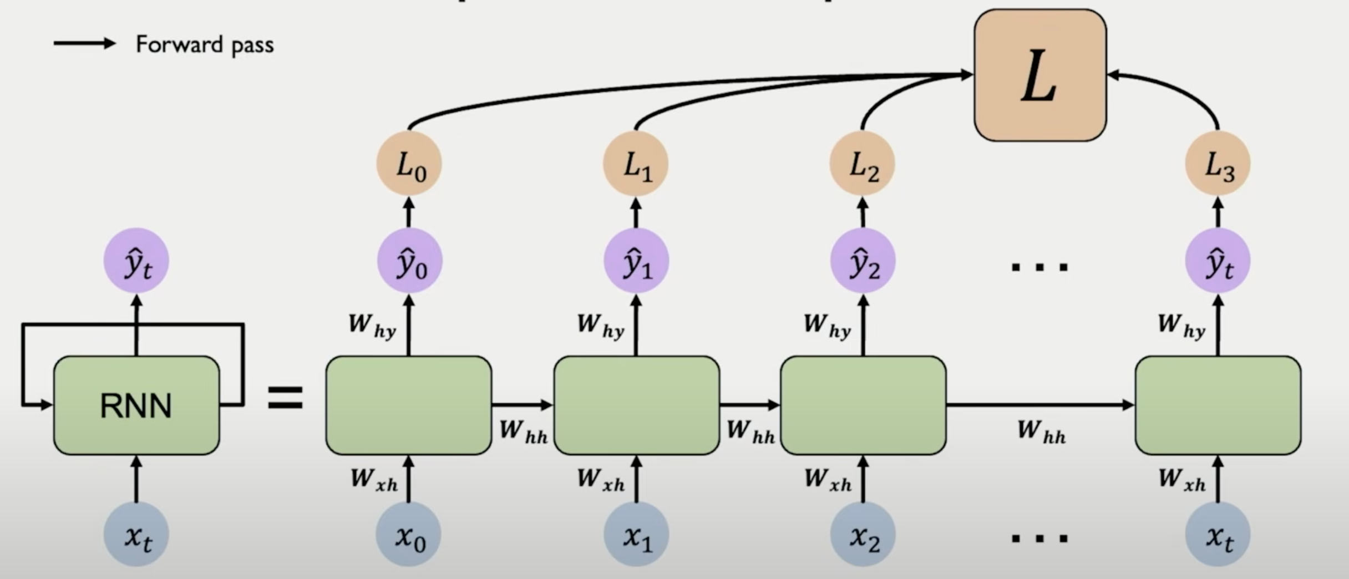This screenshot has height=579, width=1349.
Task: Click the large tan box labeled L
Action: (1040, 75)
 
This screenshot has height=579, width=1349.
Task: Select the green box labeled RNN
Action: (136, 405)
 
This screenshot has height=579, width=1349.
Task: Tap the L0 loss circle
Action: (409, 164)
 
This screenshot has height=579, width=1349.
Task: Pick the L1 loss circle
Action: (636, 164)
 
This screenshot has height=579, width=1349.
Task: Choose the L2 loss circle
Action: (863, 164)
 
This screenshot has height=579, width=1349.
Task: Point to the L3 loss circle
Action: (1218, 164)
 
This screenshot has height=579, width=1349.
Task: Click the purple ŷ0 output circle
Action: (409, 261)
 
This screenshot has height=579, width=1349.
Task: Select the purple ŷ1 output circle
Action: (636, 261)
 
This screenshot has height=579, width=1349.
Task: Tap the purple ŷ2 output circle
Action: (863, 261)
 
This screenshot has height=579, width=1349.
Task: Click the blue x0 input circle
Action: (409, 535)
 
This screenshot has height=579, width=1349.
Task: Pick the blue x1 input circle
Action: (636, 535)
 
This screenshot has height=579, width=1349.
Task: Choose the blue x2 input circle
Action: (863, 535)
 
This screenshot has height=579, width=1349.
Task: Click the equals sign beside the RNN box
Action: (285, 398)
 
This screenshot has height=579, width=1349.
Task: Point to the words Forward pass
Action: (205, 44)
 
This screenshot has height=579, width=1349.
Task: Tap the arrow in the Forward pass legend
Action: (84, 43)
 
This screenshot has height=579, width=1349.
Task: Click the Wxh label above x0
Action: (374, 479)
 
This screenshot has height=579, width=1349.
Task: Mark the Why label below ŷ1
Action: (601, 325)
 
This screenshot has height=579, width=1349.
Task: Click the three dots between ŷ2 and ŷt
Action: (1040, 267)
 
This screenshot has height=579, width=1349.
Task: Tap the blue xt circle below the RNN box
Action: (136, 535)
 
